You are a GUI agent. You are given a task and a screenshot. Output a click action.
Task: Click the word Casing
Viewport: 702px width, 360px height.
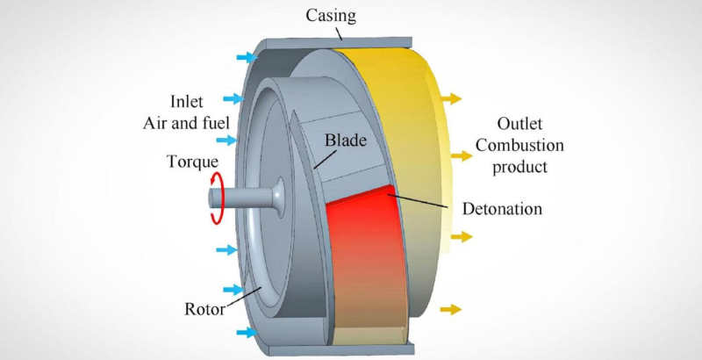[331, 16]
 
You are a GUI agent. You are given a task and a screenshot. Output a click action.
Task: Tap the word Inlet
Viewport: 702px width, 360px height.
[186, 102]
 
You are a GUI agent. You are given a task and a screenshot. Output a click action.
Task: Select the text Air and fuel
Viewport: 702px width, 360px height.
[186, 123]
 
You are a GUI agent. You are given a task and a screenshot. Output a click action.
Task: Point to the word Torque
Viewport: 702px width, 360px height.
[192, 162]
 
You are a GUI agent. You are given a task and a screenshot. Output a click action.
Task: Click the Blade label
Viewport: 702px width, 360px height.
[346, 140]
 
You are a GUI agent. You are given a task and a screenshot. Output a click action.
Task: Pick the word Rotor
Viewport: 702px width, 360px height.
[205, 309]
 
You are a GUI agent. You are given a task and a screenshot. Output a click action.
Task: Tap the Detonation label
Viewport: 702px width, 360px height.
[502, 209]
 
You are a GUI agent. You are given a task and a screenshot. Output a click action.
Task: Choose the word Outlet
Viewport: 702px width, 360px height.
[519, 124]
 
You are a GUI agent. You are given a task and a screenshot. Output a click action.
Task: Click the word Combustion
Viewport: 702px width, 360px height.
[519, 145]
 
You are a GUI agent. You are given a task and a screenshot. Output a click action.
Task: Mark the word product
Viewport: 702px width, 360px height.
[519, 168]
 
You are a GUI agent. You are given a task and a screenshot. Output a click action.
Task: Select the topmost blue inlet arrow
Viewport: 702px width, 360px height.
[247, 57]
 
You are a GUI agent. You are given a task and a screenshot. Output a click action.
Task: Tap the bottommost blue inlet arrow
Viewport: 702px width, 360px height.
[247, 332]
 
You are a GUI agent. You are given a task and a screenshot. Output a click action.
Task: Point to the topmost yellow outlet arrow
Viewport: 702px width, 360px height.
[450, 98]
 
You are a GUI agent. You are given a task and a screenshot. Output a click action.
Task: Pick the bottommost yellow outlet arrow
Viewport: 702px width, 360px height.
[450, 309]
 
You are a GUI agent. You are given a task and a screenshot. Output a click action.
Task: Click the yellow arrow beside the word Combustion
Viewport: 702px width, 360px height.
[462, 155]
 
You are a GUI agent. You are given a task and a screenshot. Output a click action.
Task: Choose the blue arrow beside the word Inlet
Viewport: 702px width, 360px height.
[233, 99]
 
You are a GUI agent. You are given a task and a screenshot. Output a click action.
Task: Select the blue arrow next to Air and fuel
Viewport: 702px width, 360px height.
[226, 140]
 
